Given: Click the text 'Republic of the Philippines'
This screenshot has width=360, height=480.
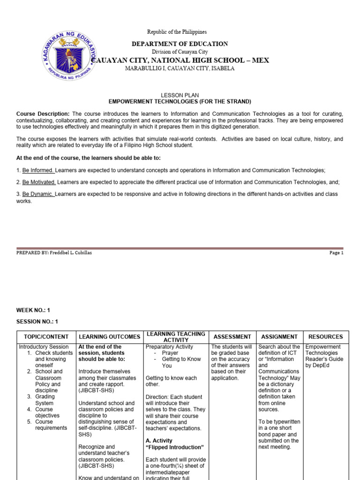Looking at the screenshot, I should click(x=177, y=32).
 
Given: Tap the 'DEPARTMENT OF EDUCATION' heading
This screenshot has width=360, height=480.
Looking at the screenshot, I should click(x=180, y=44).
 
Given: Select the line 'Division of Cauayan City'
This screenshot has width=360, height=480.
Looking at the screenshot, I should click(x=180, y=52).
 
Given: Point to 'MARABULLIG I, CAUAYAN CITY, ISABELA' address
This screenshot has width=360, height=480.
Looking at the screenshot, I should click(x=180, y=68).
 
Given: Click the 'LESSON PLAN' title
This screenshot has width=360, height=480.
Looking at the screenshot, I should click(x=180, y=95).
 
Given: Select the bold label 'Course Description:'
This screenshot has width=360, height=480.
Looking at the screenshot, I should click(x=43, y=114).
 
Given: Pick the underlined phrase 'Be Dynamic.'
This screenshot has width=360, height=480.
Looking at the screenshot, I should click(x=38, y=194).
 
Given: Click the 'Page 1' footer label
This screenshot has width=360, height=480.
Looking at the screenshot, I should click(x=336, y=253).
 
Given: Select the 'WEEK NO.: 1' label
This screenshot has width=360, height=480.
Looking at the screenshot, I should click(x=33, y=310).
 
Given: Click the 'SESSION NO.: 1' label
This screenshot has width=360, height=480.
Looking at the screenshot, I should click(x=37, y=322).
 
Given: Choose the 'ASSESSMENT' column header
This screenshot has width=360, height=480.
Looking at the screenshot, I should click(x=232, y=337).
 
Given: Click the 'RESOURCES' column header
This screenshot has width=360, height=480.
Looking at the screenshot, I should click(x=325, y=337).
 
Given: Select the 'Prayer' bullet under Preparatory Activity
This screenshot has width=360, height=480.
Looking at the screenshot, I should click(x=170, y=353).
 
